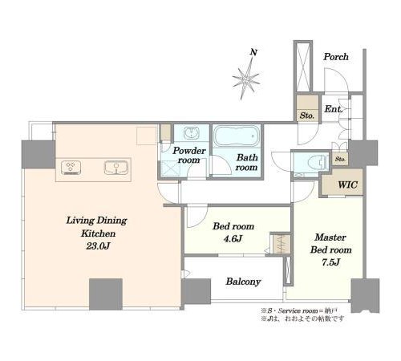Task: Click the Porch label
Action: click(336, 57)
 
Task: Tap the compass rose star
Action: click(245, 79)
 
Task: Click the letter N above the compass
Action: click(253, 52)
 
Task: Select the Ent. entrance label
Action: click(334, 109)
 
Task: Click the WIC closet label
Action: click(347, 185)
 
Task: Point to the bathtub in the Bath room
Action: click(237, 136)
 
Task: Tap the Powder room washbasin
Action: click(191, 133)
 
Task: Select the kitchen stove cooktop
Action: click(71, 168)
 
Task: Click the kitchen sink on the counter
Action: click(116, 168)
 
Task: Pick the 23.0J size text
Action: click(98, 246)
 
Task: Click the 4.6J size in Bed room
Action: click(233, 238)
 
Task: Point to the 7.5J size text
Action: click(330, 262)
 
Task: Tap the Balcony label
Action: click(243, 282)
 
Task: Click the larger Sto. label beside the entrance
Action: click(306, 116)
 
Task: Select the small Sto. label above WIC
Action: click(340, 159)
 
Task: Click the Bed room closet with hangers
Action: click(281, 244)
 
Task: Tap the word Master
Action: click(330, 237)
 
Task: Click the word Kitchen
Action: click(98, 233)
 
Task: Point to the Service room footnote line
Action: click(298, 311)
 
